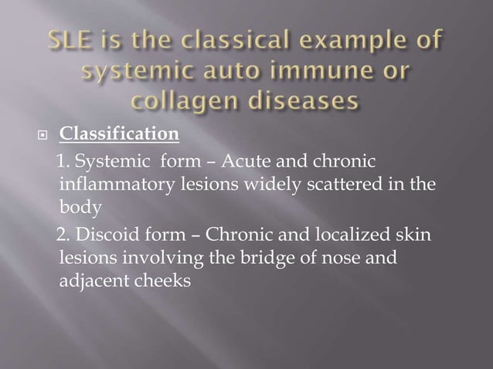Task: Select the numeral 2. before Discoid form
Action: [x=65, y=235]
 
